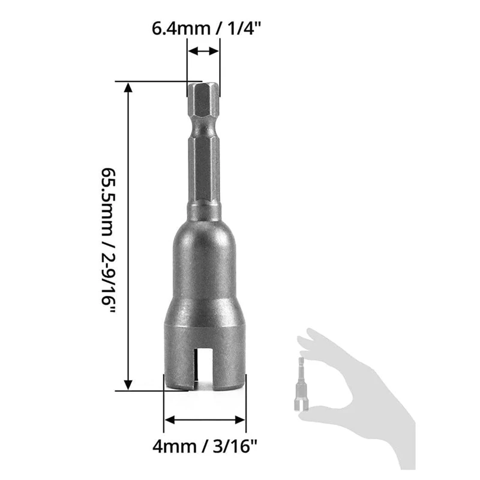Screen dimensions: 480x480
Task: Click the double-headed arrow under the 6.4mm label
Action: (x=203, y=52)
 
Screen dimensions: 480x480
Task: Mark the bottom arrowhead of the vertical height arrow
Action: (x=127, y=384)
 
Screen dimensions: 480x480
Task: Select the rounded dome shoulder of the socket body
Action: (x=204, y=240)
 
